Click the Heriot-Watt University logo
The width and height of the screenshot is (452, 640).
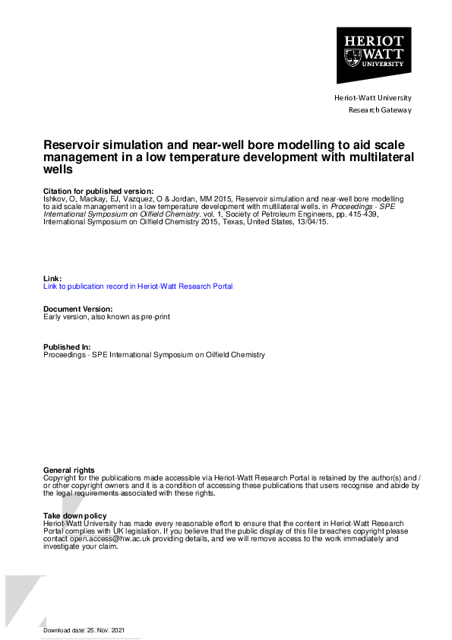tap(374, 55)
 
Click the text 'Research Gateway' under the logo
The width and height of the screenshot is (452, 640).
tap(379, 110)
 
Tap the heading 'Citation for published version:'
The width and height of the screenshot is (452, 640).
tap(98, 191)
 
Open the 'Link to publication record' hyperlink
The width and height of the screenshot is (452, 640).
tap(138, 287)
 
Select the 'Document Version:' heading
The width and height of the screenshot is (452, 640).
tap(78, 309)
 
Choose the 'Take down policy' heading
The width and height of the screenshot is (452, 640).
tap(74, 516)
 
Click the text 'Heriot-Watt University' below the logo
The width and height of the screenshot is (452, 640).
tap(372, 98)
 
